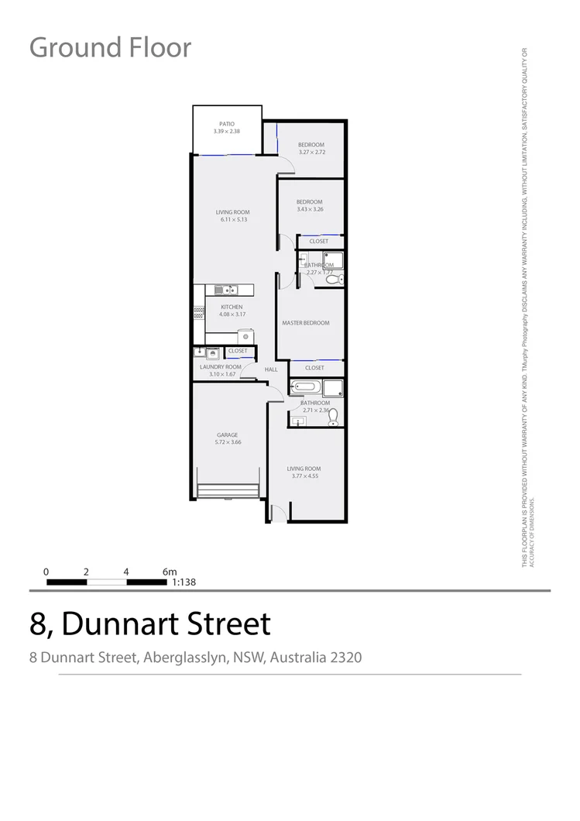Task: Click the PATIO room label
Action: coord(226,124)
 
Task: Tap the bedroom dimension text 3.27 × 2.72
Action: coord(311,153)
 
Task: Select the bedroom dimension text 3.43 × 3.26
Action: coord(309,209)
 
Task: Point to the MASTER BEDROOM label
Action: coord(306,323)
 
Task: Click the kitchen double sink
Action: coord(225,290)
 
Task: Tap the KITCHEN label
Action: coord(232,307)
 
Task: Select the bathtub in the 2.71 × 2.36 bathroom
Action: coord(302,386)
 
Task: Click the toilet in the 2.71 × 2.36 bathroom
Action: coord(334,418)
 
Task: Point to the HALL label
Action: coord(271,369)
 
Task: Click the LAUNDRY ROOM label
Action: coord(221,366)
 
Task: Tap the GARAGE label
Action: coord(227,435)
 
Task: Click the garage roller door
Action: coord(228,491)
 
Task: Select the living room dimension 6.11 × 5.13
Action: coord(232,220)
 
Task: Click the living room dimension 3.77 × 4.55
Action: coord(304,476)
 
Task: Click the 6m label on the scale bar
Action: coord(170,572)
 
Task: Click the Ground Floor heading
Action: coord(110,47)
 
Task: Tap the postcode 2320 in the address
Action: coord(345,658)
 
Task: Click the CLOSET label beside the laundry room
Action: coord(238,351)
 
